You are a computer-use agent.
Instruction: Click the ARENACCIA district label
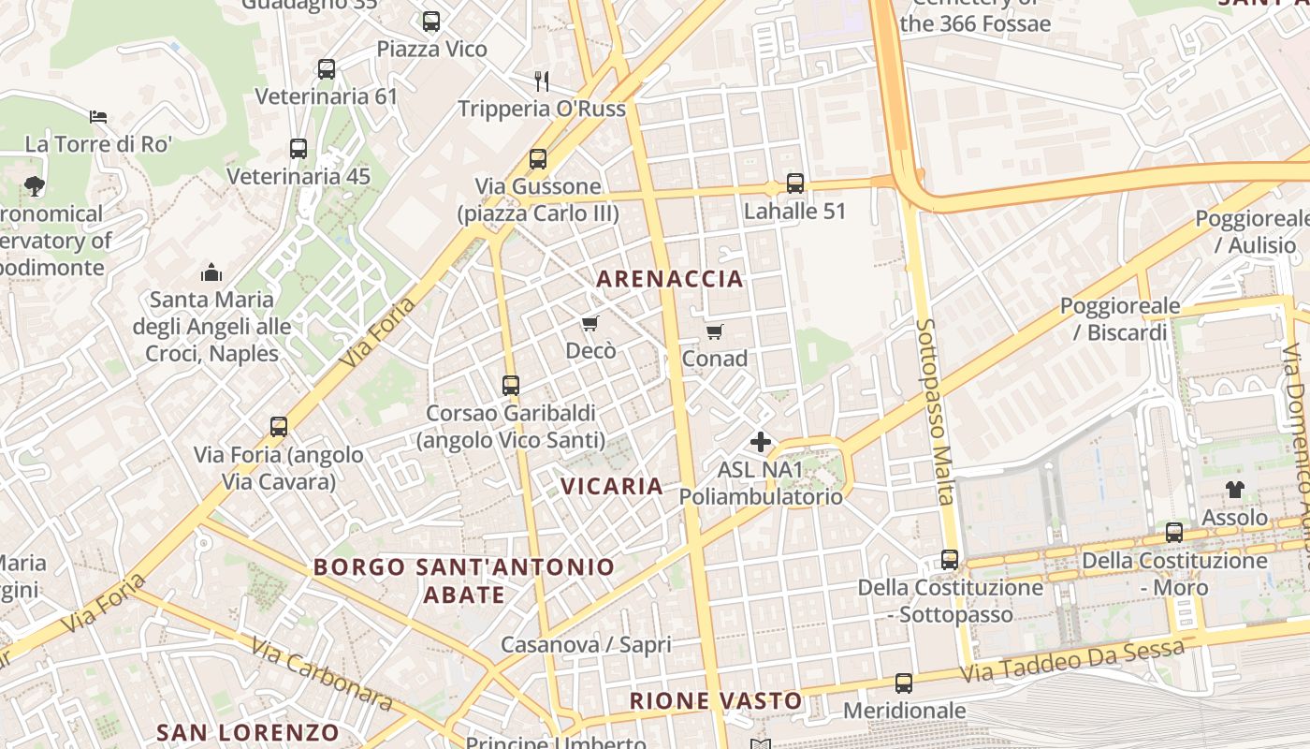tap(670, 279)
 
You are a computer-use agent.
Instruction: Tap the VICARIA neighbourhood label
tap(612, 486)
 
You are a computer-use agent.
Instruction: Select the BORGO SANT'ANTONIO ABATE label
tap(464, 580)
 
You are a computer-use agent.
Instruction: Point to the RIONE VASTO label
tap(716, 700)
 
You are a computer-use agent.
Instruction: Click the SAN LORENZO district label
tap(248, 732)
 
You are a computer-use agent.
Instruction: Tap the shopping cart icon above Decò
tap(589, 324)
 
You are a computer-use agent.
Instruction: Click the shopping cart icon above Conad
tap(715, 331)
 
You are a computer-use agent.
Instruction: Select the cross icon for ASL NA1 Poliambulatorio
tap(761, 442)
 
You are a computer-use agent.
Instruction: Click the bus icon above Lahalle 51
tap(795, 184)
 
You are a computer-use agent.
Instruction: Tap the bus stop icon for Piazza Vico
tap(431, 22)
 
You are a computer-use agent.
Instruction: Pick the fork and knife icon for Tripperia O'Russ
tap(541, 81)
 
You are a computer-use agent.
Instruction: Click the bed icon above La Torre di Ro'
tap(98, 117)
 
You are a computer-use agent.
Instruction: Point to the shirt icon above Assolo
tap(1235, 490)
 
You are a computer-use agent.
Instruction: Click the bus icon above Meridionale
tap(904, 683)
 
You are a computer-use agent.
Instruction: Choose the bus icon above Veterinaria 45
tap(298, 149)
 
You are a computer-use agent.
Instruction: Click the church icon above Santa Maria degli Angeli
tap(211, 272)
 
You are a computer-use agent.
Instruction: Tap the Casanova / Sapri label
tap(587, 645)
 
